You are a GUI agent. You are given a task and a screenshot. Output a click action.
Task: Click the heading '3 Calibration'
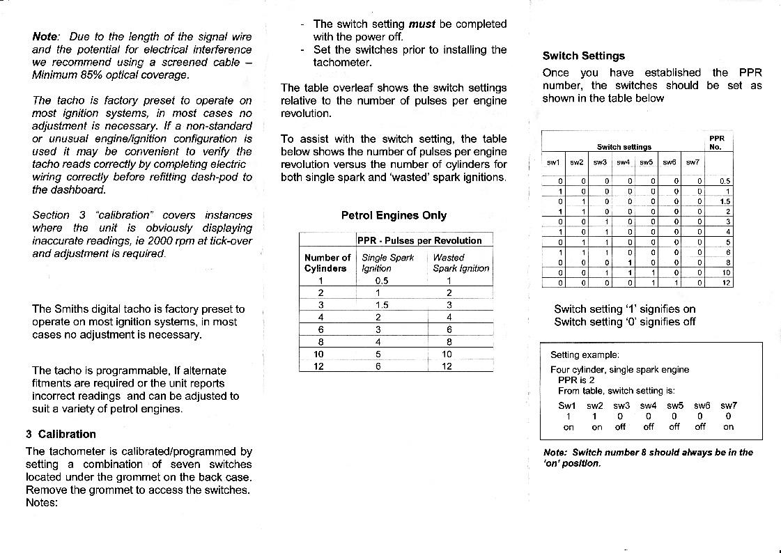[61, 434]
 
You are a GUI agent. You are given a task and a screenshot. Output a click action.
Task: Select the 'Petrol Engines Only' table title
[394, 215]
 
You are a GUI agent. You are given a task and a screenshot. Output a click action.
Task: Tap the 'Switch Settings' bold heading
[583, 56]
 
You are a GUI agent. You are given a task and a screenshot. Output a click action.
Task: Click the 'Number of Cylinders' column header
[327, 263]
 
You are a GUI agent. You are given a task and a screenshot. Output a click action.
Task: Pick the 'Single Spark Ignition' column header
[387, 263]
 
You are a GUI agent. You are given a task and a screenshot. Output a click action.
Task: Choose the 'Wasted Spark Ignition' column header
[461, 263]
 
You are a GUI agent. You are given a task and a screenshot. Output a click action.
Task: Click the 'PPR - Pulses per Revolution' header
[419, 240]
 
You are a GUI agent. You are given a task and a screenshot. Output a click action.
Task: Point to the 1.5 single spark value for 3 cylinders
[381, 304]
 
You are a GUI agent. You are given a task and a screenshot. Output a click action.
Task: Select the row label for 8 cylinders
[320, 342]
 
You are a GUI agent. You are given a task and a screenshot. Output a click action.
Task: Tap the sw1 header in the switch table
[553, 162]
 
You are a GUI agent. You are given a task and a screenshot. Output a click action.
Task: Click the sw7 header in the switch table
[692, 162]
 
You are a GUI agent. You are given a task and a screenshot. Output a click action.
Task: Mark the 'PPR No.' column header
[716, 142]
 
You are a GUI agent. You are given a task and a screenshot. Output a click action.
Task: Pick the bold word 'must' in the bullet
[422, 24]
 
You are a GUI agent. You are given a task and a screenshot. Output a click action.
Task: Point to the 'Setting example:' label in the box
[585, 355]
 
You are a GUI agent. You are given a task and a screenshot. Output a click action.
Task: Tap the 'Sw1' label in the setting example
[567, 405]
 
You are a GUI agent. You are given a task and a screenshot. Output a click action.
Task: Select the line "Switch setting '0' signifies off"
[624, 322]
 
